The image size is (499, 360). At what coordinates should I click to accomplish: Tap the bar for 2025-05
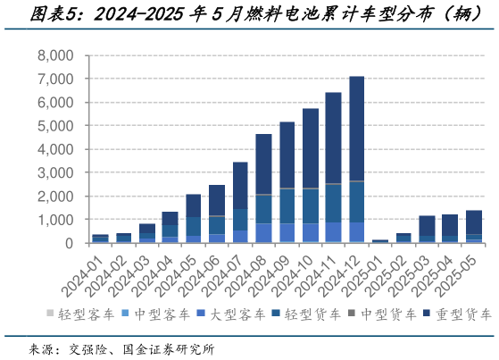(x=473, y=227)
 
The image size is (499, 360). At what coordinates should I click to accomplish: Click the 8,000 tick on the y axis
(x=55, y=55)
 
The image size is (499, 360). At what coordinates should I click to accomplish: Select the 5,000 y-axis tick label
(x=55, y=126)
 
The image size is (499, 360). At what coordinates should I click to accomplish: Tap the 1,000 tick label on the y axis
(x=55, y=220)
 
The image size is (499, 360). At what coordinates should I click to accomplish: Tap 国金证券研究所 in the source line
(x=170, y=348)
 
